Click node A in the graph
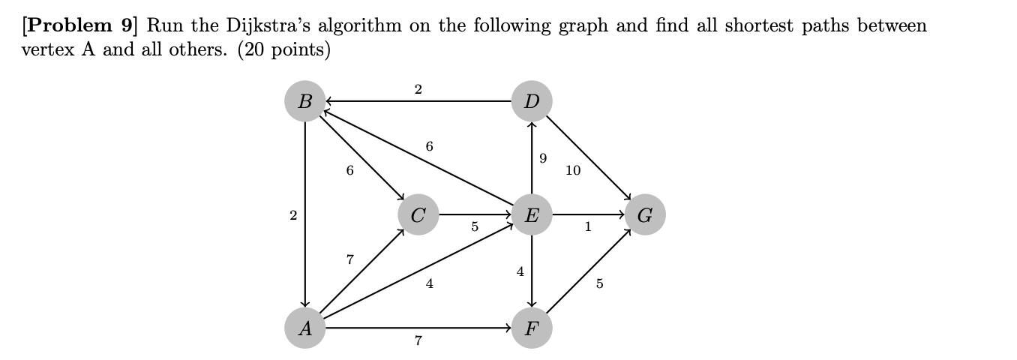[x=304, y=328]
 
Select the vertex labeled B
[x=304, y=101]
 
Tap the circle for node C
[x=418, y=215]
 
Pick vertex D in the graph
[x=532, y=101]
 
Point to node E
[x=532, y=215]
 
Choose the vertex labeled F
[x=532, y=328]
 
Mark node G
[x=645, y=215]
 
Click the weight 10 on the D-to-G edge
[x=573, y=170]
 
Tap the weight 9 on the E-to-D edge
[x=543, y=158]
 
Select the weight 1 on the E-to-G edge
[x=588, y=227]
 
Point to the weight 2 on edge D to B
[x=418, y=90]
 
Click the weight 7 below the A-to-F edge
[x=418, y=341]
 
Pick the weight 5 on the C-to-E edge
[x=474, y=227]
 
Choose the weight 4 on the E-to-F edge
[x=520, y=271]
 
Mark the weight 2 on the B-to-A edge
[x=292, y=215]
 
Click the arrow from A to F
[x=418, y=328]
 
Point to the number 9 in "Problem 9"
[x=127, y=25]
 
